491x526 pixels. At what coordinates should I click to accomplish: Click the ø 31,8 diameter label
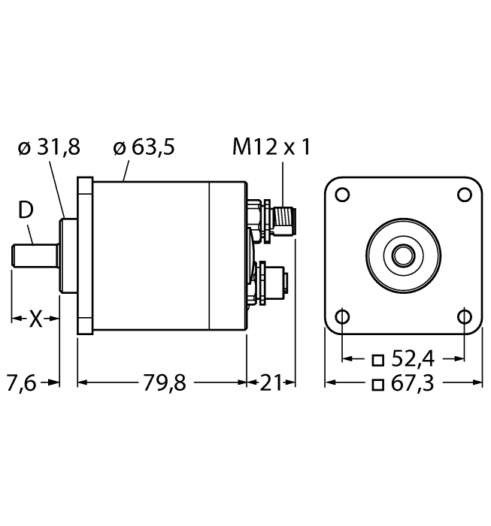coord(49,147)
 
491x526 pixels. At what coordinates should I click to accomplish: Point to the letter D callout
coord(26,212)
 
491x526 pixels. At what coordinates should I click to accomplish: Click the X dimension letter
coord(35,319)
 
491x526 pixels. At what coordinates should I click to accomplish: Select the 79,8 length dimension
coord(164,383)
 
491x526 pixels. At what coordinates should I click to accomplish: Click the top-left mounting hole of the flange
coord(342,194)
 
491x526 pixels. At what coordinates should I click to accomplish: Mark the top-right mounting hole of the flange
coord(464,194)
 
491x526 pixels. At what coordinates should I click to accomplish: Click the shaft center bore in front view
coord(403,255)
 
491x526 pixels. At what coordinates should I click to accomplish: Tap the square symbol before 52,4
coord(378,358)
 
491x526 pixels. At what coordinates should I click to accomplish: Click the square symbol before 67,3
coord(378,385)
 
